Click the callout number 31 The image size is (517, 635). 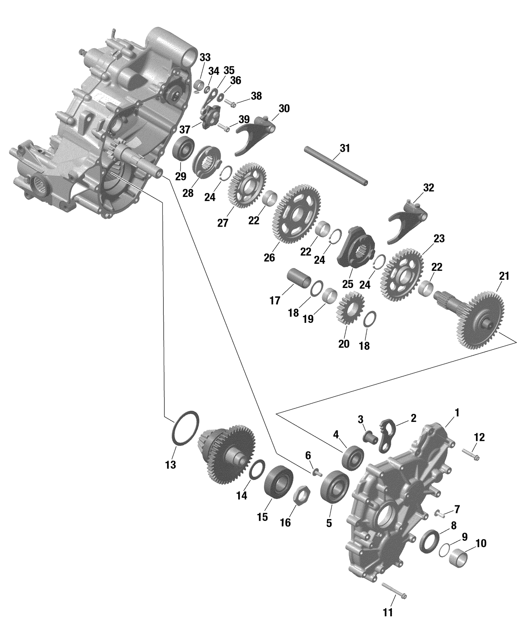tap(345, 148)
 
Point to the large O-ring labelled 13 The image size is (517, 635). tap(185, 429)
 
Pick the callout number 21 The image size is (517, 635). tap(504, 276)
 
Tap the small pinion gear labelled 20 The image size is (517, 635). tap(350, 308)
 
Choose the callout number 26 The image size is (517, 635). tap(269, 257)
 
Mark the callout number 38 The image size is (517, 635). tap(256, 96)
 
